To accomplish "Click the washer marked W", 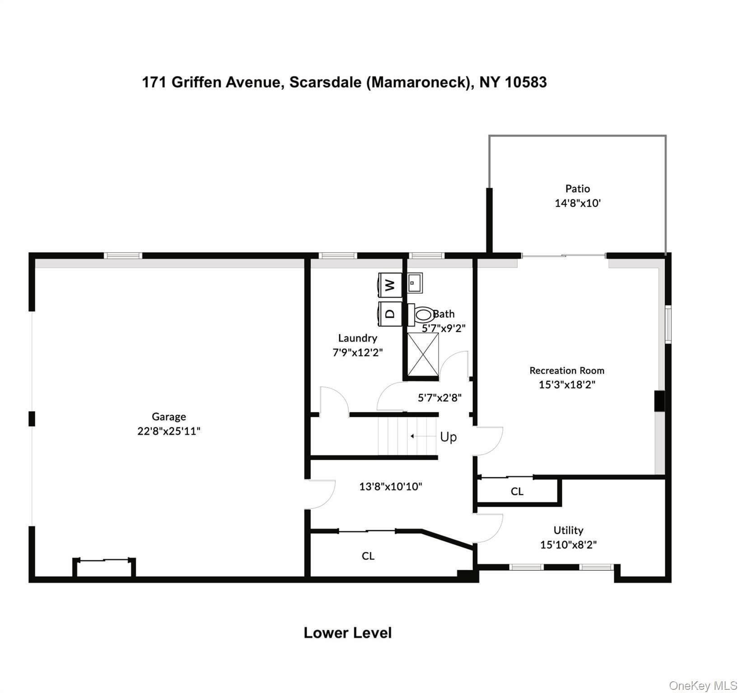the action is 390,285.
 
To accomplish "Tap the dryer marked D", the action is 390,313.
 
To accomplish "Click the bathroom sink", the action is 415,283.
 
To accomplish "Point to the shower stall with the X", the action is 423,355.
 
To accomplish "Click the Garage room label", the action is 169,416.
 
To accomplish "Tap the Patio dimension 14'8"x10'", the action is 578,203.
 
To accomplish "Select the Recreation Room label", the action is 567,370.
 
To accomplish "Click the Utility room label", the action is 568,530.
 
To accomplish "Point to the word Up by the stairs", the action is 449,437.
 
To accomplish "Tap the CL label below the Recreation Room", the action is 517,491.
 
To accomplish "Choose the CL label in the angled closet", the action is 368,556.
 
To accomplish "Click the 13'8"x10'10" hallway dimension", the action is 391,486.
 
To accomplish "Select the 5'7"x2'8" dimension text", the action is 439,397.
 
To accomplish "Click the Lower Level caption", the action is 348,633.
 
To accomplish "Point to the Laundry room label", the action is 358,338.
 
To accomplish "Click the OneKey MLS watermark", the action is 703,686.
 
